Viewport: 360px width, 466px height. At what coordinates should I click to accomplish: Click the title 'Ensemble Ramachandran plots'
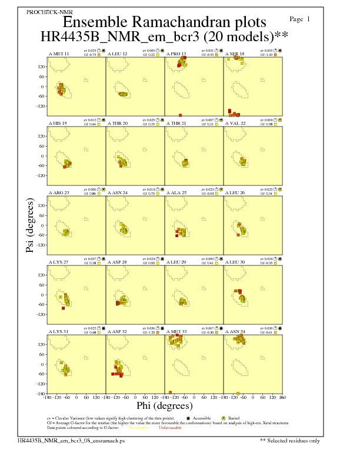click(x=164, y=22)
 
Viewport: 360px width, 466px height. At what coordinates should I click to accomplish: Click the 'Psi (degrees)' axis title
click(x=31, y=225)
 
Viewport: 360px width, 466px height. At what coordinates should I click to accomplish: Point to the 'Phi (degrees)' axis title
click(x=164, y=405)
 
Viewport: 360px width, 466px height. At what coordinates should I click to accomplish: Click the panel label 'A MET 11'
click(x=58, y=54)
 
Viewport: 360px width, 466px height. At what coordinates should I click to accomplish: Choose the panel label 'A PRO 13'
click(x=176, y=54)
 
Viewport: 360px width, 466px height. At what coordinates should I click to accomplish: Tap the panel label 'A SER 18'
click(x=235, y=54)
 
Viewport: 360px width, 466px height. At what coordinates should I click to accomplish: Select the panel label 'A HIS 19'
click(x=58, y=123)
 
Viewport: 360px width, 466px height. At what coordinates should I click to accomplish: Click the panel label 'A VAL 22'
click(x=235, y=123)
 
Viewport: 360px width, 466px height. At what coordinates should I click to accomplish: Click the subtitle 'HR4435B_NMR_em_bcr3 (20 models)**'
click(x=164, y=37)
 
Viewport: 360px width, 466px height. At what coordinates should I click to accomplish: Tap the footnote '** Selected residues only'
click(x=290, y=440)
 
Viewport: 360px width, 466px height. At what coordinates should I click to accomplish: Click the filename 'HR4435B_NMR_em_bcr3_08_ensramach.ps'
click(x=63, y=440)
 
